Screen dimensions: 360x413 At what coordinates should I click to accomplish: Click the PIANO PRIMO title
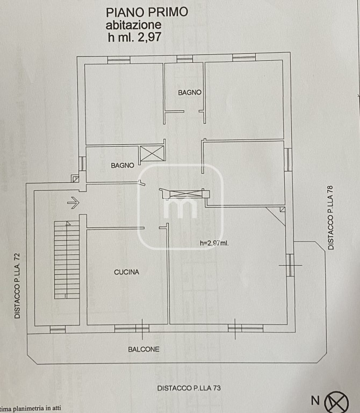coord(147,12)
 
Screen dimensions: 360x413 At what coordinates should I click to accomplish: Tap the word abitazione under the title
coord(133,25)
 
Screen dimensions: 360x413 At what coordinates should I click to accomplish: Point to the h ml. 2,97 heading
coord(134,37)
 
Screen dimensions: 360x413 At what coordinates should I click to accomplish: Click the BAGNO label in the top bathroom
coord(190,92)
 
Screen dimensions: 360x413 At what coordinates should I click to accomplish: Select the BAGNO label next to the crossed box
coord(123,166)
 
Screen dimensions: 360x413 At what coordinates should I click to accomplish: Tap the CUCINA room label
coord(126,272)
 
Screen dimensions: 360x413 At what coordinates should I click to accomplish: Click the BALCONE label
coord(143,349)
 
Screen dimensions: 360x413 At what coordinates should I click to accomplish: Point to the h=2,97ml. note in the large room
coord(214,243)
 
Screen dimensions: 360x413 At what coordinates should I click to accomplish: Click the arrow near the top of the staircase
coord(73,203)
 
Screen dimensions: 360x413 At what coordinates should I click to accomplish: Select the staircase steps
coord(67,260)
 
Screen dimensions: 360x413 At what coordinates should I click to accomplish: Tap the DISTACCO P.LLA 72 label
coord(17,286)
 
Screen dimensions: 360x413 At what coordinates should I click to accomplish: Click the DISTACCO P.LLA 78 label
coord(330,218)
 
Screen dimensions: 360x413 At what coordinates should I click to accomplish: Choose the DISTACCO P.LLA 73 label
coord(189,388)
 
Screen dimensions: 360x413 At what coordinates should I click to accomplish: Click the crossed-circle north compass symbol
coord(336,402)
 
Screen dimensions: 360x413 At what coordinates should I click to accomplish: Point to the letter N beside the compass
coord(315,401)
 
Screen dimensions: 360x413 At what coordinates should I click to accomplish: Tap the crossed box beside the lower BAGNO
coord(152,153)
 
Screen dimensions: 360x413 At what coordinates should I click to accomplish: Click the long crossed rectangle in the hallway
coord(186,194)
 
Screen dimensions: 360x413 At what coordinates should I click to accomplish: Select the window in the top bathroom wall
coord(185,59)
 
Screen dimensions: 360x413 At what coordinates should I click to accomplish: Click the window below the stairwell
coord(57,329)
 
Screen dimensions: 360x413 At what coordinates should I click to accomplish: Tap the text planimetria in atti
coord(37,409)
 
